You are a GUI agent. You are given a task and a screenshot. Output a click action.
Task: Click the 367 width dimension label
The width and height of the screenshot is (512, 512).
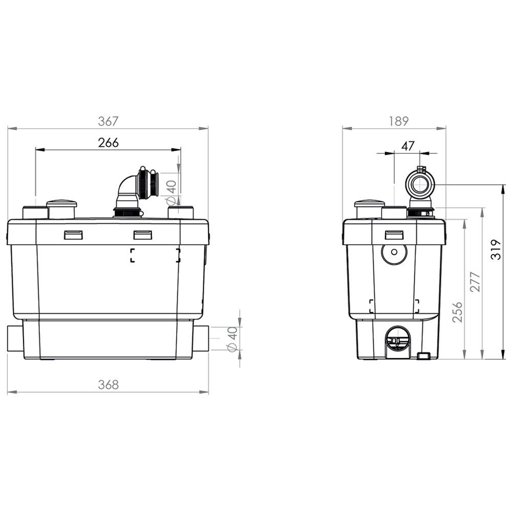coord(108,121)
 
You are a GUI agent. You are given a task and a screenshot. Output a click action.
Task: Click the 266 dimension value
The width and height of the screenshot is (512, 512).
coord(109,143)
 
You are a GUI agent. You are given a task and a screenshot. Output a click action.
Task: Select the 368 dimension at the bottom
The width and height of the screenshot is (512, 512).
coord(108,385)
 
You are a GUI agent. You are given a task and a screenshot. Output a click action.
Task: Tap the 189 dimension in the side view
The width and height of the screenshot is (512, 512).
coord(398,121)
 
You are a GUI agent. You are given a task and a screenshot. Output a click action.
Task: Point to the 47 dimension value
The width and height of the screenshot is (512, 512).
coord(408,146)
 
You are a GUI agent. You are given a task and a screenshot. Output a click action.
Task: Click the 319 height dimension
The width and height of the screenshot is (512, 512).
coord(496,249)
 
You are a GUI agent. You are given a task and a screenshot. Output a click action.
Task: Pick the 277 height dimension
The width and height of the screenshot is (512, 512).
coord(476,282)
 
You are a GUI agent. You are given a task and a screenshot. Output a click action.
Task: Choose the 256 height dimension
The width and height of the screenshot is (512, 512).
coord(458,312)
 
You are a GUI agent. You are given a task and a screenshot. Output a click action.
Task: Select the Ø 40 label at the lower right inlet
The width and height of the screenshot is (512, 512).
coord(232,339)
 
